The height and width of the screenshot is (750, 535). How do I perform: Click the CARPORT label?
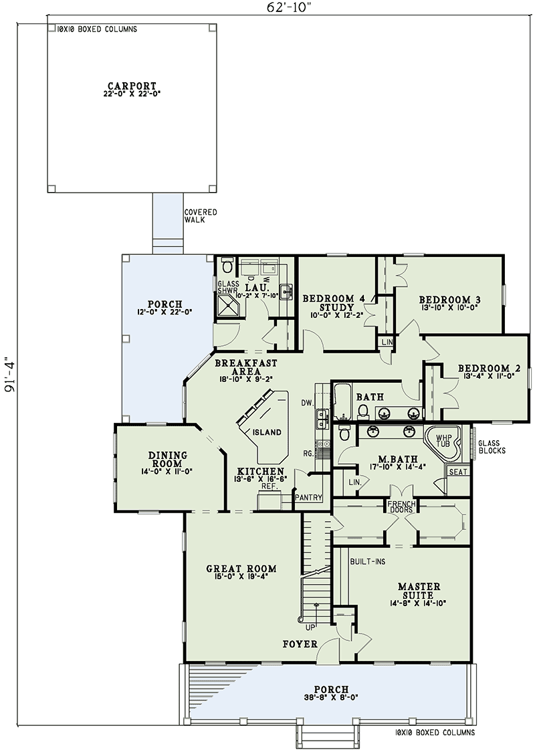pos(132,86)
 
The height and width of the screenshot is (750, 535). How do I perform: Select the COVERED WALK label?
pos(201,215)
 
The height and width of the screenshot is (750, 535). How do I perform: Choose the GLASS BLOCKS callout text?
pos(492,446)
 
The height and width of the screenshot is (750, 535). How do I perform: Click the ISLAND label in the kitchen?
pos(267,433)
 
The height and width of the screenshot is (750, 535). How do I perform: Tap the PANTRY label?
pos(310,498)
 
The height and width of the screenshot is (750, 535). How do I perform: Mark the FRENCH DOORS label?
pos(401,507)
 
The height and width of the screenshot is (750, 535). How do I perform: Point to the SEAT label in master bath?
pos(458,472)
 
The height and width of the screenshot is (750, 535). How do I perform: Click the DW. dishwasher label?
pos(308,403)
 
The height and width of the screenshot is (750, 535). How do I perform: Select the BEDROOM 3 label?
pos(450,299)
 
